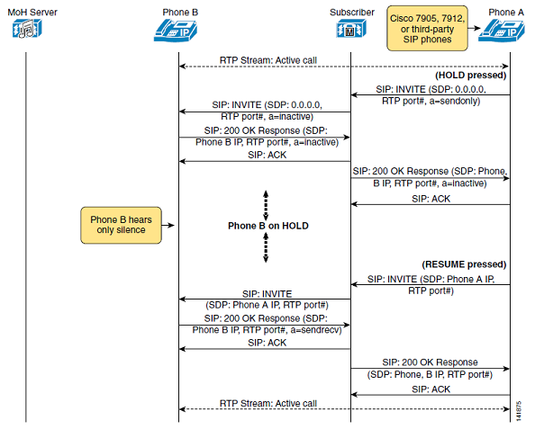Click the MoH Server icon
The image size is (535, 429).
tap(27, 28)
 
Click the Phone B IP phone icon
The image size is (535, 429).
tap(176, 31)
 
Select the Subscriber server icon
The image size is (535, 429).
tap(351, 28)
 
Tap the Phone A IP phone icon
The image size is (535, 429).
tap(501, 31)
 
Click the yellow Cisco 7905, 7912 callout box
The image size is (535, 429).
tap(427, 28)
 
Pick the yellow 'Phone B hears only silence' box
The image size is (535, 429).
tap(121, 225)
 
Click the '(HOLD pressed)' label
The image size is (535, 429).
tap(470, 75)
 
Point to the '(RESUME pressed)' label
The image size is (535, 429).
tap(464, 264)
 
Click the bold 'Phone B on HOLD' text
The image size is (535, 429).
tap(268, 226)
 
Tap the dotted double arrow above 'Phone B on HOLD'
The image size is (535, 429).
tap(266, 205)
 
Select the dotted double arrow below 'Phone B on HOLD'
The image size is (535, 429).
tap(266, 247)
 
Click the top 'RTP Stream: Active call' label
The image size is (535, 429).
tap(268, 60)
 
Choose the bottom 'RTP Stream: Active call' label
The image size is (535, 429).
tap(268, 403)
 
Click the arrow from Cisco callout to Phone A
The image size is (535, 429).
tap(475, 28)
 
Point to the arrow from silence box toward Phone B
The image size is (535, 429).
tap(168, 225)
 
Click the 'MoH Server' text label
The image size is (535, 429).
tap(32, 13)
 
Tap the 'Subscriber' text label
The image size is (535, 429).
tap(352, 13)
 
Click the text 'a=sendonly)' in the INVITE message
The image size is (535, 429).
tap(455, 101)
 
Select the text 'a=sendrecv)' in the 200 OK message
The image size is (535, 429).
tap(316, 330)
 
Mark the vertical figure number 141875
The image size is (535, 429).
tap(519, 411)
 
